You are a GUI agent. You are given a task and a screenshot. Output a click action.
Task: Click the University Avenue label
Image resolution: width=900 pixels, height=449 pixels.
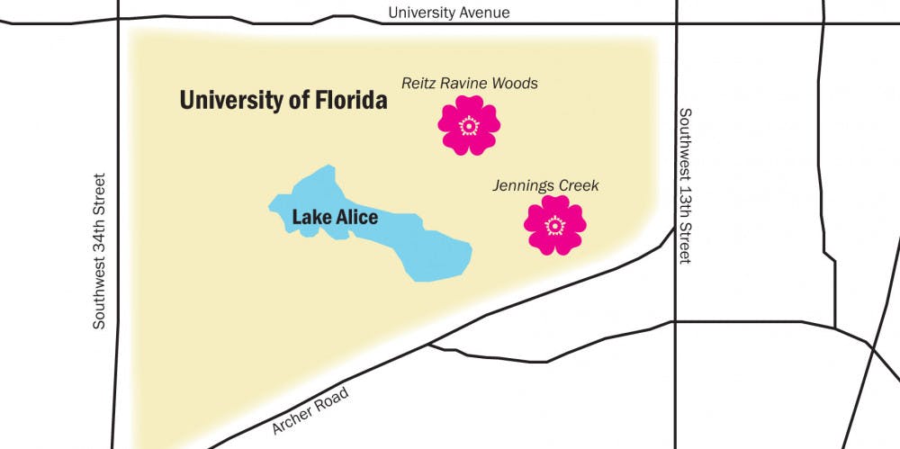[x=449, y=13]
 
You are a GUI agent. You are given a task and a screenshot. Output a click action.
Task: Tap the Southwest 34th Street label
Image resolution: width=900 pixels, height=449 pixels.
[x=101, y=251]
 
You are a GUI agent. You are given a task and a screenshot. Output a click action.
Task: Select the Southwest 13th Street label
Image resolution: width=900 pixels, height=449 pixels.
[x=686, y=186]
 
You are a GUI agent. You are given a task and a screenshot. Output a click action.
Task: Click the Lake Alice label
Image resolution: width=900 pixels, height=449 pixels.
[x=335, y=218]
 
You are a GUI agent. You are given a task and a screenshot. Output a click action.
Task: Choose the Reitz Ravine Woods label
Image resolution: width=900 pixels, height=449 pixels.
[x=469, y=84]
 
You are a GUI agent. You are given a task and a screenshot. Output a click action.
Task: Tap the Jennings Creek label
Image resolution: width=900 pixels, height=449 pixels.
[x=545, y=186]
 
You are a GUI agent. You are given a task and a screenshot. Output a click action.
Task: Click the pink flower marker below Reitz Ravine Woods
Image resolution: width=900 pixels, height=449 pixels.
[x=469, y=126]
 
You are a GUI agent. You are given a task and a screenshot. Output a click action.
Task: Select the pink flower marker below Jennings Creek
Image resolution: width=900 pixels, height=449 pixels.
[x=554, y=225]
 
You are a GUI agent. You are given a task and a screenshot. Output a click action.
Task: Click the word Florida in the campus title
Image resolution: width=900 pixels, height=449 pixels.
[x=346, y=100]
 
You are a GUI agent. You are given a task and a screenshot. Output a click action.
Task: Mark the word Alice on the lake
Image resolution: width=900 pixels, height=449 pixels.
[x=356, y=218]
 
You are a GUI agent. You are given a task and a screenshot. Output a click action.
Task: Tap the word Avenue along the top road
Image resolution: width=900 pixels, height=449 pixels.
[x=485, y=13]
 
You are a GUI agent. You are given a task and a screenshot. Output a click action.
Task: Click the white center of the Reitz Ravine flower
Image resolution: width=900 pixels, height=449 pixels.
[x=469, y=126]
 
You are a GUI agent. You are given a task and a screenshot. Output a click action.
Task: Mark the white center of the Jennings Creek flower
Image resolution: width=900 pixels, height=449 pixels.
[x=554, y=225]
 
